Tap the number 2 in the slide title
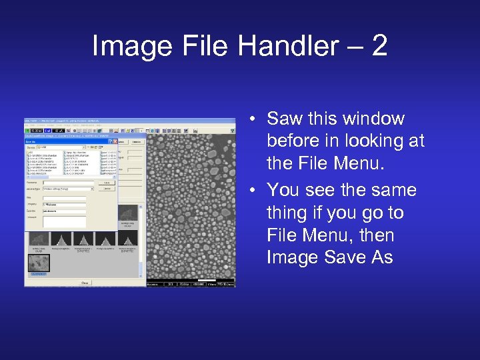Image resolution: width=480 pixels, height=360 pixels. point(379,46)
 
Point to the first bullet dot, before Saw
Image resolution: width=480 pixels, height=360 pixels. point(255,119)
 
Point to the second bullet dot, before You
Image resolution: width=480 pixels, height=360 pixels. point(255,191)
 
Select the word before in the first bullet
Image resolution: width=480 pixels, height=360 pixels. point(294,141)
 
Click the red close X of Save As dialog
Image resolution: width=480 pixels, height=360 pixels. point(115,141)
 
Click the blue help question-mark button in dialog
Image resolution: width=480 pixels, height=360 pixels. point(111,141)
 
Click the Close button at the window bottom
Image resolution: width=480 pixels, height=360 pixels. point(85,283)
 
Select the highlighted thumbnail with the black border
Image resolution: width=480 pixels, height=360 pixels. point(39,264)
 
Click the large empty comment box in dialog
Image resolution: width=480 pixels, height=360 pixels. point(65,221)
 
